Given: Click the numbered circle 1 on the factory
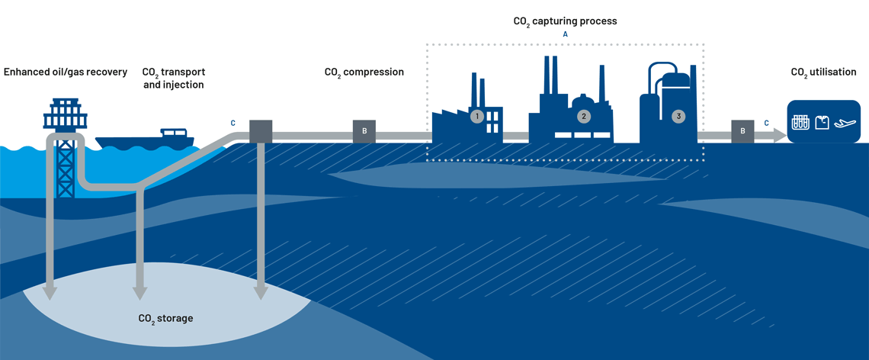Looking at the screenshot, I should click(x=477, y=117).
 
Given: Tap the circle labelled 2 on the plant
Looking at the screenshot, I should click(x=584, y=117).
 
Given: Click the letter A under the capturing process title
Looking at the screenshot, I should click(x=565, y=35).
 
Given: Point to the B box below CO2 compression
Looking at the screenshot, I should click(x=364, y=131).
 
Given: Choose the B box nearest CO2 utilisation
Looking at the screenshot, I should click(x=742, y=131).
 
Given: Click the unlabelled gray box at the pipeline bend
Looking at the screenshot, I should click(x=261, y=131).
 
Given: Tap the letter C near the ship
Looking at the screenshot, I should click(x=233, y=123).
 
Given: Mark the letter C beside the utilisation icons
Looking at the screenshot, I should click(x=766, y=123).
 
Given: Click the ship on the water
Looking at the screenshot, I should click(x=145, y=140).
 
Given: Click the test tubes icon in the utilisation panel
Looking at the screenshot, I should click(x=800, y=122).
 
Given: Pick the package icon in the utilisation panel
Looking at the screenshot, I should click(x=822, y=122).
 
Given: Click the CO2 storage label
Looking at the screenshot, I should click(x=165, y=318).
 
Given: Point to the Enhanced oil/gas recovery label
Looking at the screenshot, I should click(x=66, y=72).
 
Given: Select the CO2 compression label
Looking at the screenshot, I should click(x=364, y=72).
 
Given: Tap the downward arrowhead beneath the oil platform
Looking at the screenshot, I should click(x=50, y=291).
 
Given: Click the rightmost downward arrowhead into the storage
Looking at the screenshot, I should click(x=261, y=291).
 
